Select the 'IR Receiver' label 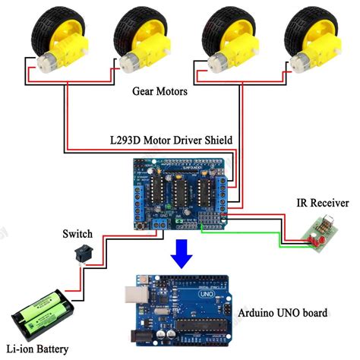coord(323,203)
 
